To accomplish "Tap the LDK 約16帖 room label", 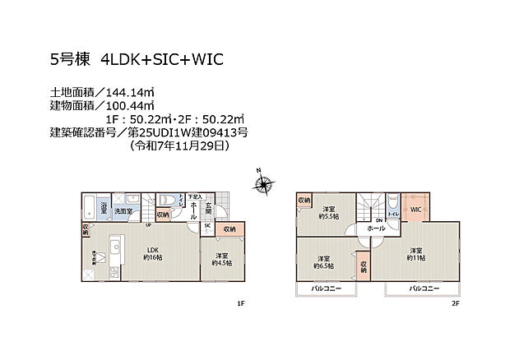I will point(152,254).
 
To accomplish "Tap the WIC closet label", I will point(415,210).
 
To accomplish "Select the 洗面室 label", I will point(125,211).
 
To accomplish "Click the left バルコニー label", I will point(326,289).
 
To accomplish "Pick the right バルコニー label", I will point(423,289).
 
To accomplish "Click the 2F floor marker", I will point(454,304).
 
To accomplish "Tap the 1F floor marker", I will point(240,304).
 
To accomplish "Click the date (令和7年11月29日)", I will point(178,145).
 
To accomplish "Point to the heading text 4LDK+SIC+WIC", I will point(162,59).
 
